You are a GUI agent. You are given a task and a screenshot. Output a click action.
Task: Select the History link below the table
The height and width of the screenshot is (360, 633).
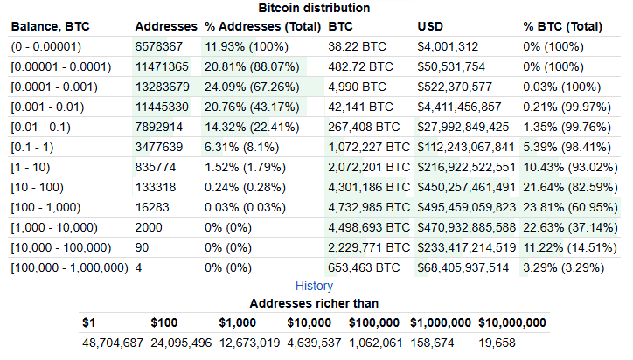pos(314,286)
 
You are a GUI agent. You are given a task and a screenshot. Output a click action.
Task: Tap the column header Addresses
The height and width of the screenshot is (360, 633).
pos(165,26)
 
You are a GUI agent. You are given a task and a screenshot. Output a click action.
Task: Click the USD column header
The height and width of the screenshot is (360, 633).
pos(431,26)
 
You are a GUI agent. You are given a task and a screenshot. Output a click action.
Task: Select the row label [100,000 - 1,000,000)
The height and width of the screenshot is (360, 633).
pos(69,267)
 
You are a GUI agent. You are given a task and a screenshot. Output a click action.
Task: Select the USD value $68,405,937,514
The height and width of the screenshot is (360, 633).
pos(463,267)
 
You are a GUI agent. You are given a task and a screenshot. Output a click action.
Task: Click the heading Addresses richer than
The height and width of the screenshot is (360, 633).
pos(314,303)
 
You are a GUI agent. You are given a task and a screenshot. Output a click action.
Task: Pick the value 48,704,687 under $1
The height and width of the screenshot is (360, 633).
pos(112,343)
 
